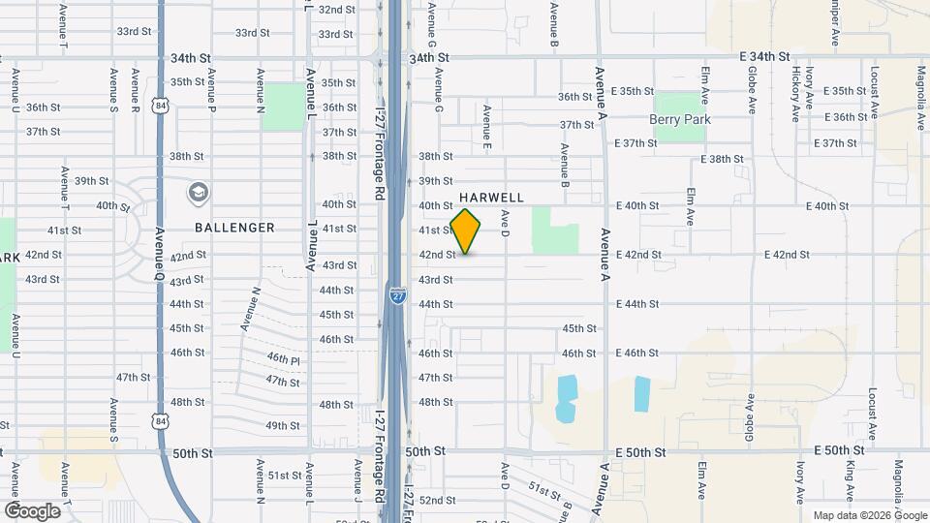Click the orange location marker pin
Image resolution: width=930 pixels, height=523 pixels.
[x=466, y=231]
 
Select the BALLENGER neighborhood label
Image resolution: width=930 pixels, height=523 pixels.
[x=234, y=228]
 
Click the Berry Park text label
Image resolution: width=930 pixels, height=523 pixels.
[x=680, y=119]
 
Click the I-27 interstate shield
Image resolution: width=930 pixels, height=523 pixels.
[x=397, y=295]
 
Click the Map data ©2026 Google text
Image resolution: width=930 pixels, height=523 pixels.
[x=869, y=515]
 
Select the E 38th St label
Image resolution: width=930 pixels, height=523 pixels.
[x=721, y=159]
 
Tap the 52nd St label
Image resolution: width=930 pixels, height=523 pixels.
[x=437, y=501]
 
